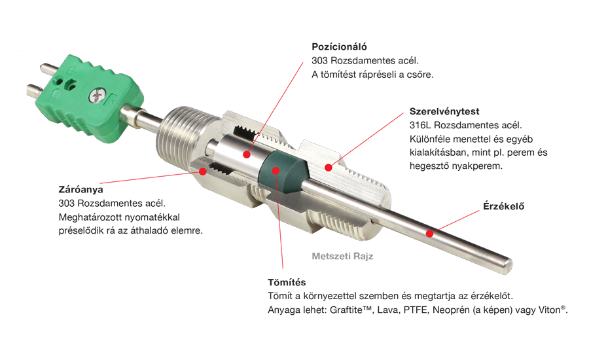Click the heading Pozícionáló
coord(339,47)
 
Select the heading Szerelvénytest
coord(444,112)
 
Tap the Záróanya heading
coord(80,189)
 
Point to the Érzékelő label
coord(503,206)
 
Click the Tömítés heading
coord(287,282)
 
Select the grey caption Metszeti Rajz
coord(342,257)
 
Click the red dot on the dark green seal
coord(276,171)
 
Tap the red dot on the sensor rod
coord(430,234)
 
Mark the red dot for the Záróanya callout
coord(202,171)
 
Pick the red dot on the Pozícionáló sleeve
coord(247,154)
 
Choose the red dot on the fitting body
coord(329,168)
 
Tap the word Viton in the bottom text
coord(550,310)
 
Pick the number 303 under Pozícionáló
coord(319,60)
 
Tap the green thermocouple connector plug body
coord(90,97)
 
